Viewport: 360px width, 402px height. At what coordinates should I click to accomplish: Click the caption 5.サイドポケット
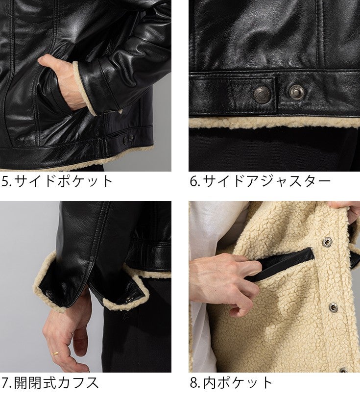(57, 181)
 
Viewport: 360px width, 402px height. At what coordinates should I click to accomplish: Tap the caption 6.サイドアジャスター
(260, 181)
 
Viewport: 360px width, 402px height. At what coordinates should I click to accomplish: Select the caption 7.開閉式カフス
(49, 383)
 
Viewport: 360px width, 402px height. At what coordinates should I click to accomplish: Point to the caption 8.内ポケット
(231, 383)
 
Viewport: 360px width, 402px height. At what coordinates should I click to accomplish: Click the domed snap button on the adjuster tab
(262, 94)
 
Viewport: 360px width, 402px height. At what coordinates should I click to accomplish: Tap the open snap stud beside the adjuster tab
(297, 91)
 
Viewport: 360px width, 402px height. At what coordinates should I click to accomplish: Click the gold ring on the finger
(55, 353)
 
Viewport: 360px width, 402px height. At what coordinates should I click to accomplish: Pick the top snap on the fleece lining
(327, 241)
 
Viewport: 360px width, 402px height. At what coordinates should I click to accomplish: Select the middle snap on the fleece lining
(333, 306)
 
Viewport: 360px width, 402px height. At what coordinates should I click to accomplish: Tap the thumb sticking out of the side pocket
(48, 62)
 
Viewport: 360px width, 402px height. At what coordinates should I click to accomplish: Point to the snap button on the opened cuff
(48, 293)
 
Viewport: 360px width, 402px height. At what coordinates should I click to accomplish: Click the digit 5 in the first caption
(5, 181)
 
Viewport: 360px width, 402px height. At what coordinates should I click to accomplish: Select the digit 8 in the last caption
(193, 383)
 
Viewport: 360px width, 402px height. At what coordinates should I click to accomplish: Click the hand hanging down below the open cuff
(67, 333)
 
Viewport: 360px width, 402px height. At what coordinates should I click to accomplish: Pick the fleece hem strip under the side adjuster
(274, 123)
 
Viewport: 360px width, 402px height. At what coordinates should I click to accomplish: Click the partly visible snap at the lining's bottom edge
(343, 370)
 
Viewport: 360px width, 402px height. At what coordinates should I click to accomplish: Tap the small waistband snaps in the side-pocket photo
(129, 138)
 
